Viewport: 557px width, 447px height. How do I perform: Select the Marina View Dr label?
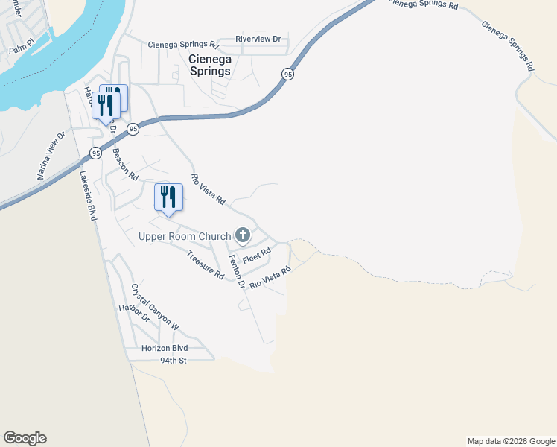point(52,156)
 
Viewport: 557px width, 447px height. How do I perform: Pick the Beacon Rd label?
point(125,165)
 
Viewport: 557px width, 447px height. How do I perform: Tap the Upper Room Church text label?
point(185,237)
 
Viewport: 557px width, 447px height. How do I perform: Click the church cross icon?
point(242,236)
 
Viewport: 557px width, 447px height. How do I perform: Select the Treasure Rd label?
point(206,264)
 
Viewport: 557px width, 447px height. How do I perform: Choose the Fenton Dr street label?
point(237,271)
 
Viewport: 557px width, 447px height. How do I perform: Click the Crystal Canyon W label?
point(156,307)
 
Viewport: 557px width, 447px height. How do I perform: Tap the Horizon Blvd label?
point(165,348)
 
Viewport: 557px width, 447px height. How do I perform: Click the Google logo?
point(25,438)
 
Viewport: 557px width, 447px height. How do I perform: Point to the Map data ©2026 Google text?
point(511,441)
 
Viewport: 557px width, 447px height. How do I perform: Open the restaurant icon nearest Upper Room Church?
point(168,197)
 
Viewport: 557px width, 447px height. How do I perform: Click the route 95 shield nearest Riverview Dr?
point(287,74)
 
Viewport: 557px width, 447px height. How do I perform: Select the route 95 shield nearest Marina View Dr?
point(95,153)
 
